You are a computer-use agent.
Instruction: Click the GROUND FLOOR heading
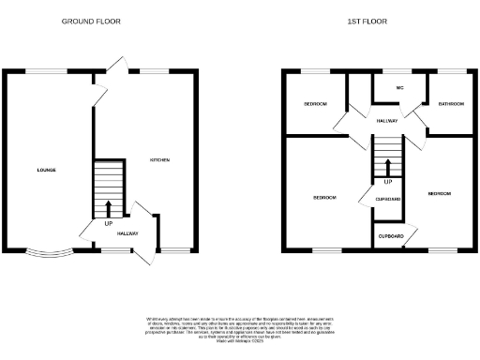tap(91, 21)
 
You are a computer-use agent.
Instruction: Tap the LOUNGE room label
tap(46, 170)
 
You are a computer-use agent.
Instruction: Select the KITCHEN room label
tap(159, 160)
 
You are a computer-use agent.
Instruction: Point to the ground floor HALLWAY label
tap(127, 233)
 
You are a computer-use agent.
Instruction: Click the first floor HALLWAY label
tap(387, 121)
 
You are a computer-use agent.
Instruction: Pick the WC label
tap(399, 88)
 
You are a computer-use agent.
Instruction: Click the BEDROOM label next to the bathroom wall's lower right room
tap(439, 193)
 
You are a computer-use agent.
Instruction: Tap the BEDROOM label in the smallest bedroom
tap(314, 104)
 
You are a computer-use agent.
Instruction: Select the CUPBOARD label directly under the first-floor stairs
tap(388, 199)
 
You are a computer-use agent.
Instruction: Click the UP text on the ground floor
tap(109, 224)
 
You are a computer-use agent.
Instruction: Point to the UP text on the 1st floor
tap(387, 181)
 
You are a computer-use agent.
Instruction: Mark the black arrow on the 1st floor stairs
tap(387, 167)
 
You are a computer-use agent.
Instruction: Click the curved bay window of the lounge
tap(49, 251)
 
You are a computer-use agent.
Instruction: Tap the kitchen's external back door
tap(114, 65)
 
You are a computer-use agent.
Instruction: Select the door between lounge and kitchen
tap(97, 93)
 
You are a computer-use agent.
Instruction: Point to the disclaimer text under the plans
tap(240, 329)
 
